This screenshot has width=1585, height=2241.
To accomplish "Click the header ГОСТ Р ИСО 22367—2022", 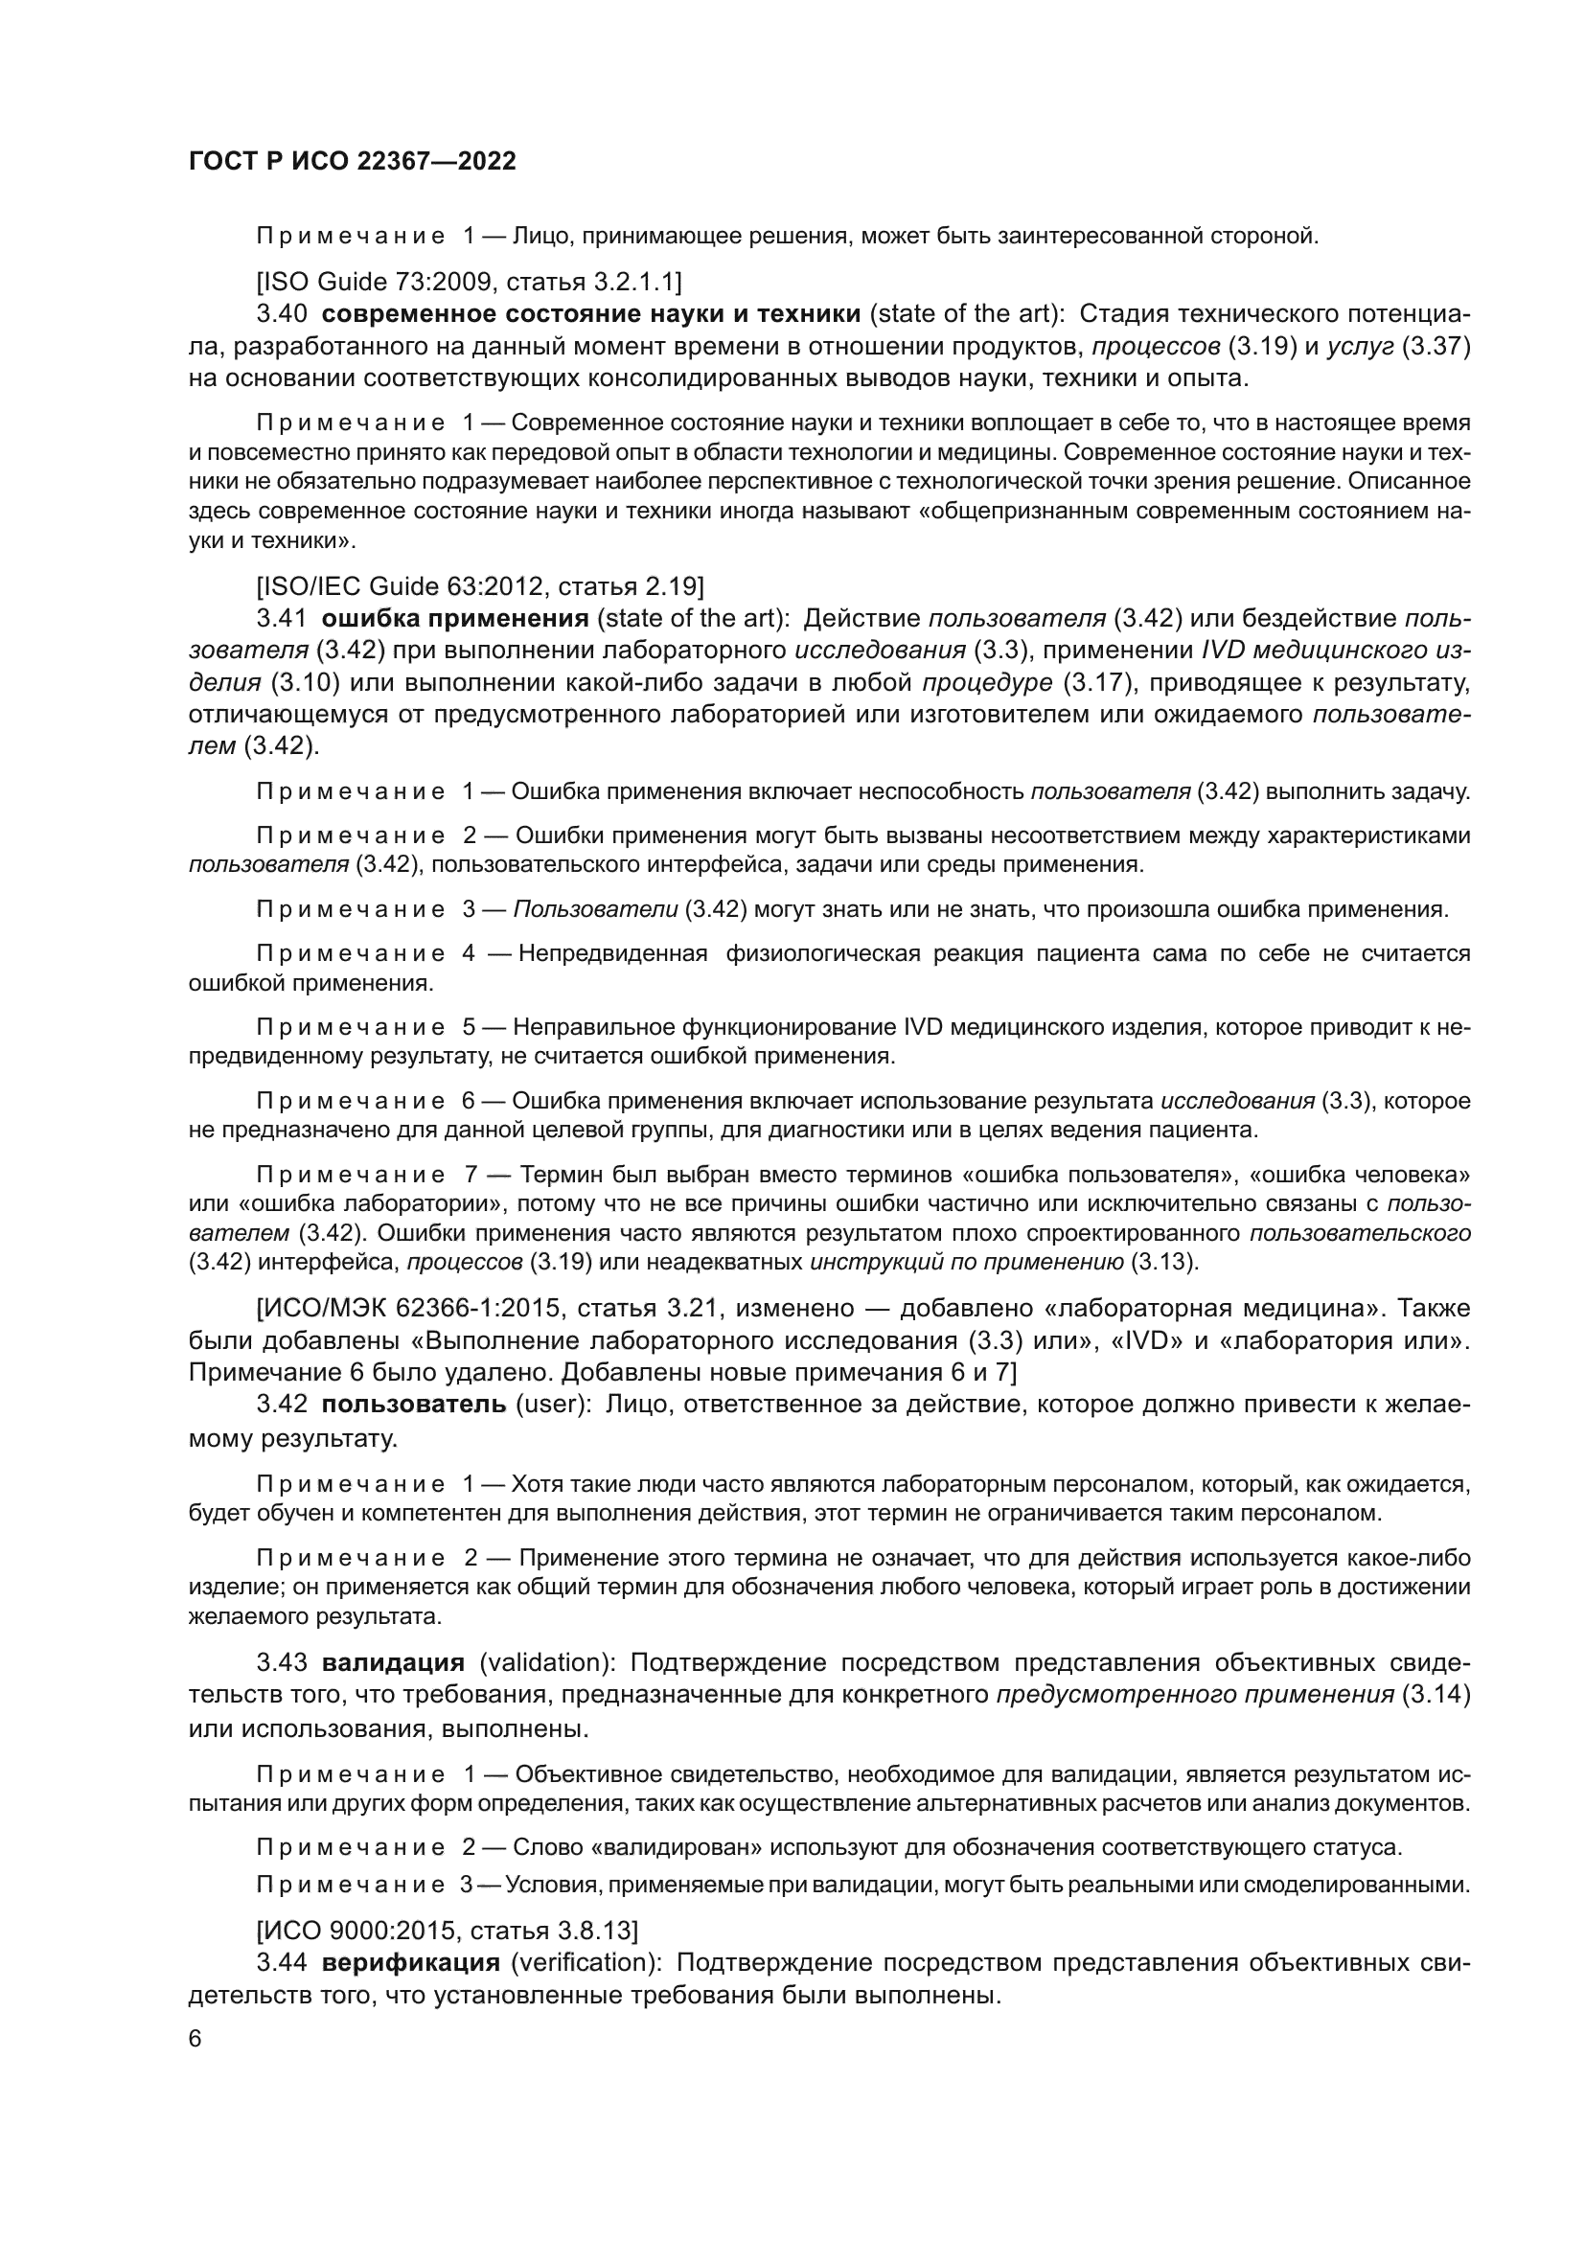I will click(x=352, y=162).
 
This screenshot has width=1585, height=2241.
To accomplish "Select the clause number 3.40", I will click(x=282, y=314).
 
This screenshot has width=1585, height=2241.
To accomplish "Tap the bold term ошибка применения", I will click(x=455, y=619).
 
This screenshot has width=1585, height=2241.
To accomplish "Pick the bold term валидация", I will click(x=393, y=1663).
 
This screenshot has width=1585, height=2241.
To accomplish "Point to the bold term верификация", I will click(x=411, y=1963).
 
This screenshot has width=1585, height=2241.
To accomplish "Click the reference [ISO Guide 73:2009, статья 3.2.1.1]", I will click(x=469, y=282).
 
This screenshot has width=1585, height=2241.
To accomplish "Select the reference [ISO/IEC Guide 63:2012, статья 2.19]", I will click(x=479, y=586).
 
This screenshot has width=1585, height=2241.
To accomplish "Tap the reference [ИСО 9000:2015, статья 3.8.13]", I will click(x=447, y=1931).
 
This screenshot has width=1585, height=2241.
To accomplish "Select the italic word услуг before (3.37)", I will click(x=1360, y=347).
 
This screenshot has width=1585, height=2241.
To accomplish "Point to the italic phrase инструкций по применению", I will click(x=966, y=1262).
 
